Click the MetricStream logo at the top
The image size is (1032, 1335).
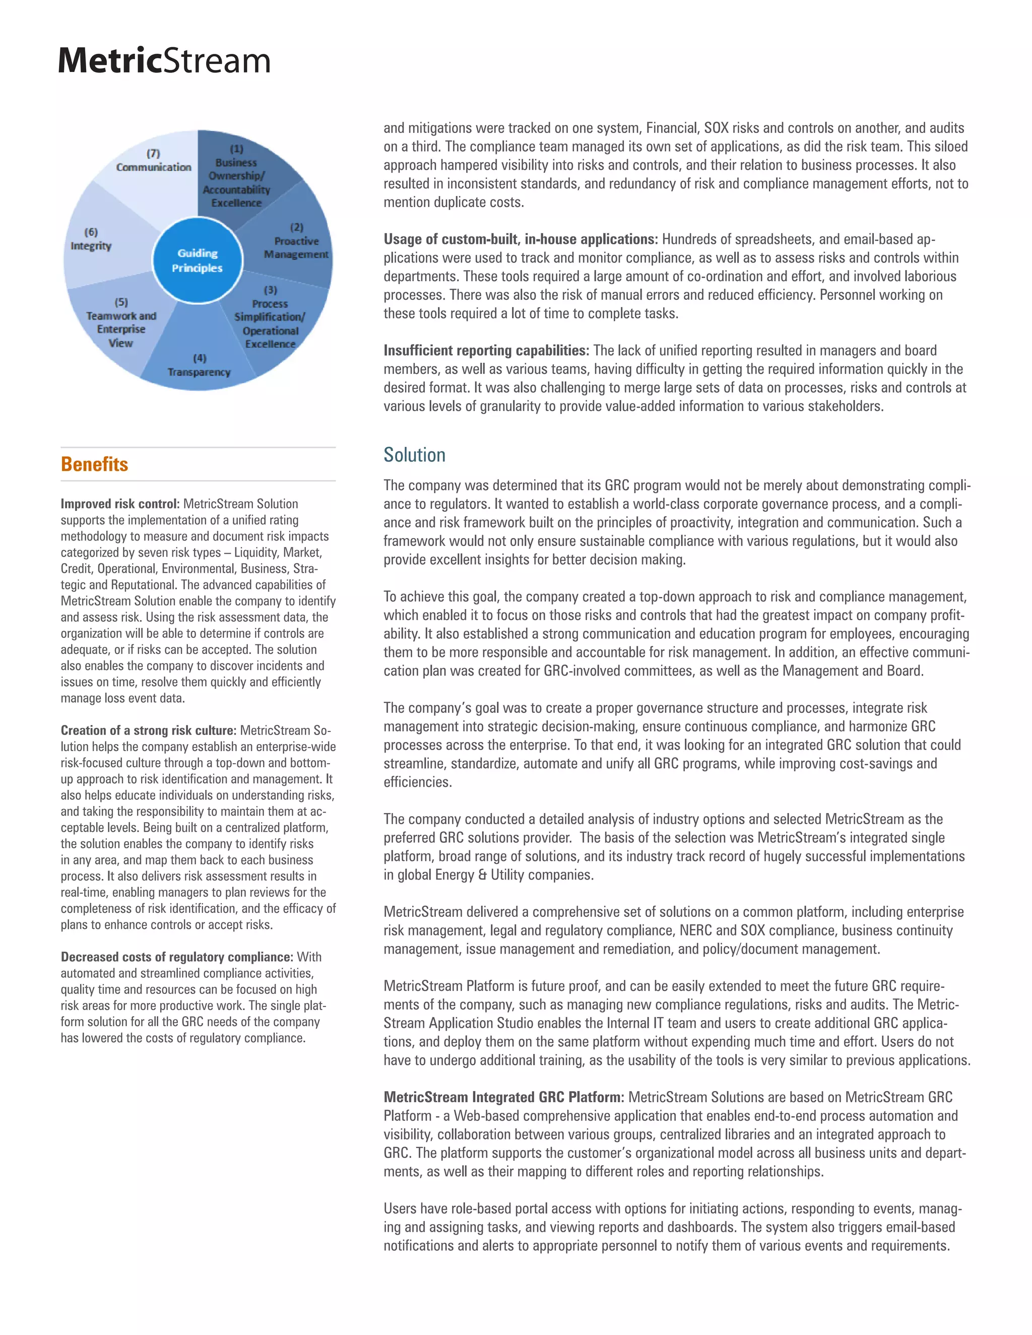tap(164, 60)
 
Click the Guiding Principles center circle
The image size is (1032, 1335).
tap(198, 260)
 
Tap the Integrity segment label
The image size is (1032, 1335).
tap(91, 246)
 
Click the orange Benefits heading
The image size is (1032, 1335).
tap(94, 464)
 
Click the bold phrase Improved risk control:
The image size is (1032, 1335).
tap(120, 504)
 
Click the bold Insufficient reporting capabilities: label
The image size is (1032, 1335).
tap(486, 350)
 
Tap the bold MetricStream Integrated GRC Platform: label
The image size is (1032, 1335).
tap(504, 1097)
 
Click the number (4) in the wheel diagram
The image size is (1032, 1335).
tap(200, 358)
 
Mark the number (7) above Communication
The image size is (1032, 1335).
tap(153, 154)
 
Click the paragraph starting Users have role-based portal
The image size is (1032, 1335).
tap(673, 1227)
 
